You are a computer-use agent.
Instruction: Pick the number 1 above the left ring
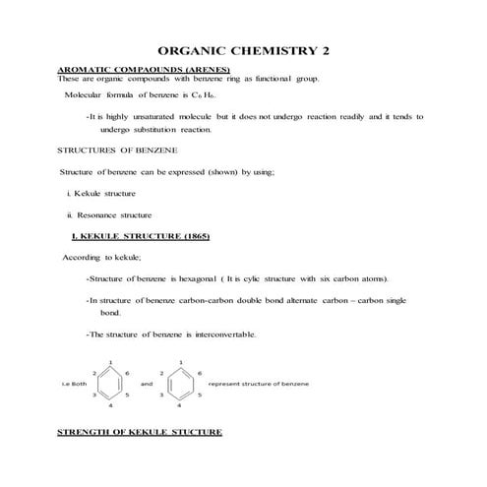(x=110, y=362)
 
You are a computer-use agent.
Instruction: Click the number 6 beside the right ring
(x=200, y=373)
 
